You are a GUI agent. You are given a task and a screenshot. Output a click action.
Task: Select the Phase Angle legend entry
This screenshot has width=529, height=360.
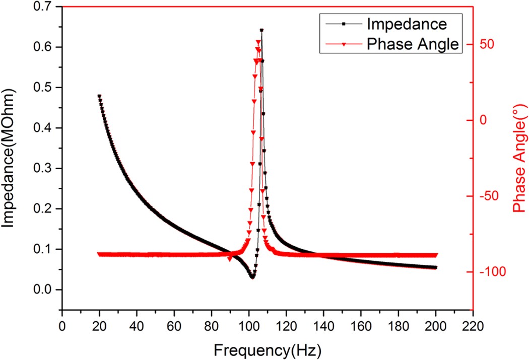point(412,44)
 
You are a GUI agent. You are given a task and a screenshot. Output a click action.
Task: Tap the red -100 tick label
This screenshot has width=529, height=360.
point(490,272)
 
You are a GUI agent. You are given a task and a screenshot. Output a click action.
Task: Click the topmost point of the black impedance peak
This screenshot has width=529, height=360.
point(261,30)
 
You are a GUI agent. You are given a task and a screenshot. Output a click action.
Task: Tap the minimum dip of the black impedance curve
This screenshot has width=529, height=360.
point(252,276)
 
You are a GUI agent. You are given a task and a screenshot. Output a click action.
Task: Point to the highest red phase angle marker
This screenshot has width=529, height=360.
point(259,42)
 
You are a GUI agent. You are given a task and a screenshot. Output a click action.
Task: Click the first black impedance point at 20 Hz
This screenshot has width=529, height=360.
point(99,96)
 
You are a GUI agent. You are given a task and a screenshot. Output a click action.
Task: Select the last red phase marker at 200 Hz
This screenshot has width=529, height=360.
point(436,255)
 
